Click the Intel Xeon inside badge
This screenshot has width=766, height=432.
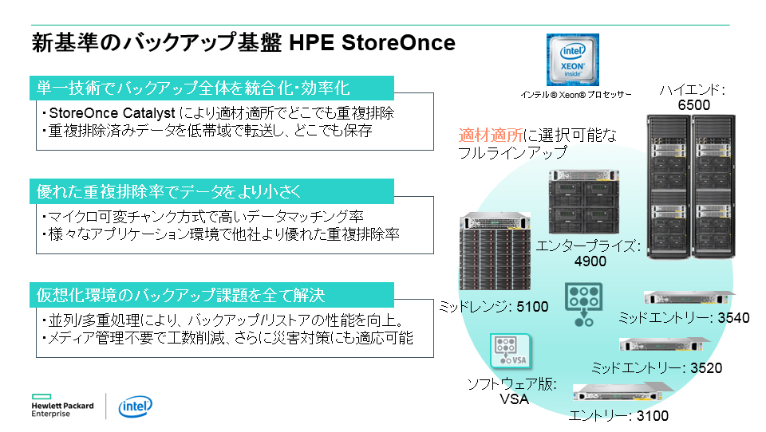click(x=573, y=60)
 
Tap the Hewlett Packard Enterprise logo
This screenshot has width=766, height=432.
click(x=62, y=406)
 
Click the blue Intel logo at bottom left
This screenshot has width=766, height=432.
click(x=136, y=406)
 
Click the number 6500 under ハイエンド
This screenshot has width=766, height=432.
click(x=693, y=105)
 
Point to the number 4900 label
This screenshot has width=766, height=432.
click(x=590, y=261)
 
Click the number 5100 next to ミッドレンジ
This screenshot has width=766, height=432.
click(x=532, y=307)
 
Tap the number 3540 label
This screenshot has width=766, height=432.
click(x=733, y=318)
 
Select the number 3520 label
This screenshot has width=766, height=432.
click(x=706, y=367)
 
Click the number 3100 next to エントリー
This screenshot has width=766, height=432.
click(x=653, y=416)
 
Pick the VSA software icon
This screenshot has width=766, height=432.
click(x=511, y=351)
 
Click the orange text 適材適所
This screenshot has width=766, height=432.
click(x=491, y=135)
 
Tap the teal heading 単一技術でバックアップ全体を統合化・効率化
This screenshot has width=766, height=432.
click(x=193, y=88)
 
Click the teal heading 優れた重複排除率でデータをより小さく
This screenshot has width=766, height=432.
click(x=169, y=191)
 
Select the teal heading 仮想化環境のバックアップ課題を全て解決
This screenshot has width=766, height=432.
click(x=181, y=295)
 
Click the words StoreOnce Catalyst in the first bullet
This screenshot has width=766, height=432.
click(x=112, y=113)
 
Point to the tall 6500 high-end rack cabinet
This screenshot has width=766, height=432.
click(x=691, y=187)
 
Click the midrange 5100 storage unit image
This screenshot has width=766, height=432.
click(x=495, y=251)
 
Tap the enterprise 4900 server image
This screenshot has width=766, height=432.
click(x=584, y=202)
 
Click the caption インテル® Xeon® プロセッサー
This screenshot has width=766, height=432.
click(x=576, y=95)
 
